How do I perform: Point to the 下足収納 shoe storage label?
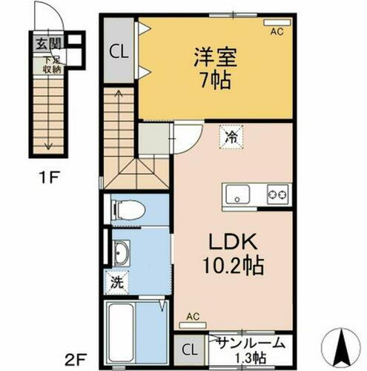coord(50,61)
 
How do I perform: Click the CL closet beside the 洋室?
coord(118,52)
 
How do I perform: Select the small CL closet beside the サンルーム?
coord(190,349)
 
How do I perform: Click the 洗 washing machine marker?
coord(117,283)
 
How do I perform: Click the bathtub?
coord(122,330)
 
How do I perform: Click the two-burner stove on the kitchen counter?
coord(278,195)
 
